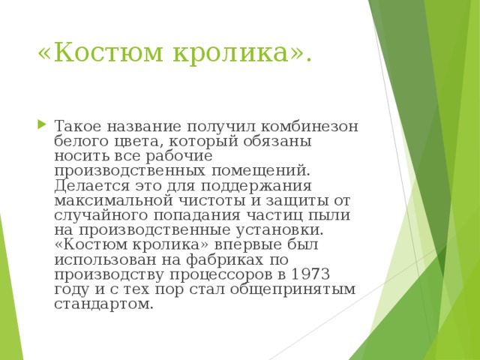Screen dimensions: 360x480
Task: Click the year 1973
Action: [x=312, y=274]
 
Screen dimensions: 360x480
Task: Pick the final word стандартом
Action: [x=103, y=304]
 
